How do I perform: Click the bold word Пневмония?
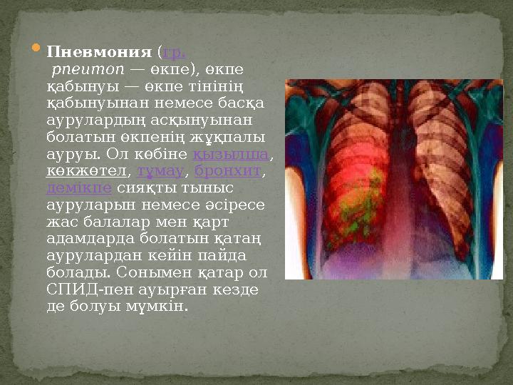(x=99, y=53)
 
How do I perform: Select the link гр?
(x=175, y=53)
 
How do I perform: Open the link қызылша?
(x=231, y=154)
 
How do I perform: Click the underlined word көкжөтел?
(x=86, y=171)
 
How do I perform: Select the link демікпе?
(x=79, y=188)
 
